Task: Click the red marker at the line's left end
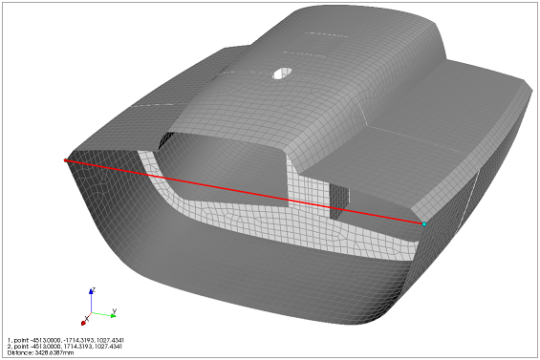[x=66, y=160]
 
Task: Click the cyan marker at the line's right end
[x=424, y=223]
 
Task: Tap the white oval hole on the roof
[x=283, y=73]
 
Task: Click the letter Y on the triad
[x=115, y=310]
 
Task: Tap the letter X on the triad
[x=87, y=317]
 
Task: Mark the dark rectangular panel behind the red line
[x=339, y=201]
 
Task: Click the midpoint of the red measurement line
[x=245, y=192]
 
